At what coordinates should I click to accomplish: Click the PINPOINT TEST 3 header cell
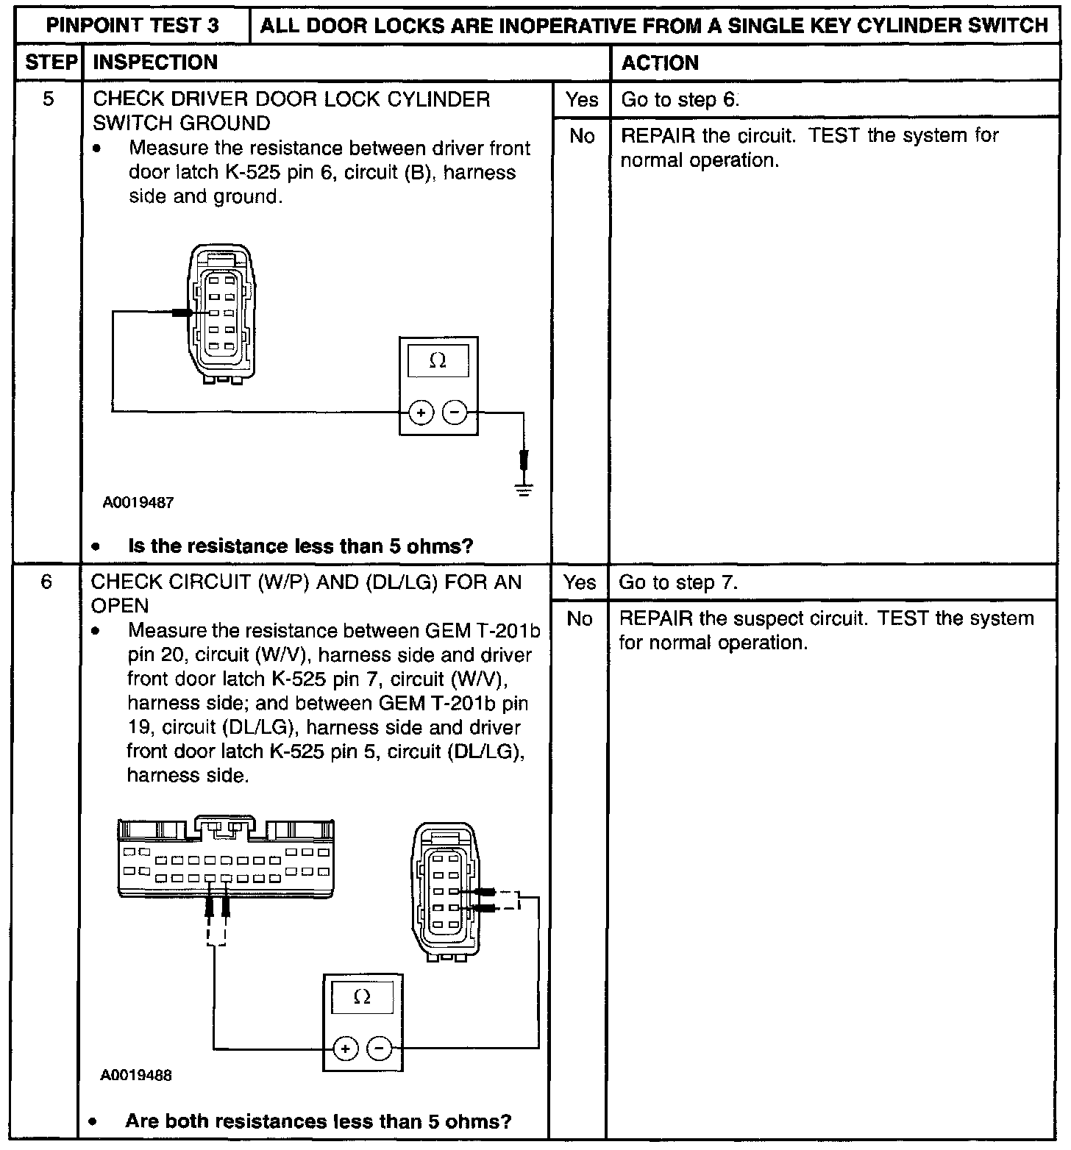[x=133, y=26]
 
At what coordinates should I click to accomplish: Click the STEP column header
[x=51, y=63]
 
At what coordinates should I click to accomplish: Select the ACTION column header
[x=660, y=63]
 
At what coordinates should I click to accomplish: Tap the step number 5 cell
[x=49, y=99]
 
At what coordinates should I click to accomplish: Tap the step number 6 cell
[x=47, y=582]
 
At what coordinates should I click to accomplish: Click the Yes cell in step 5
[x=581, y=99]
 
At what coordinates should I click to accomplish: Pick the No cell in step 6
[x=579, y=619]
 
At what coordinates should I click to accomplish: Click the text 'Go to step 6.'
[x=680, y=100]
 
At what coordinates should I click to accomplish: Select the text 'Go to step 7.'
[x=678, y=583]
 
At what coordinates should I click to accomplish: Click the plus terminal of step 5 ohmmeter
[x=421, y=413]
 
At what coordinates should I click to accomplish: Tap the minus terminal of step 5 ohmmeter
[x=455, y=413]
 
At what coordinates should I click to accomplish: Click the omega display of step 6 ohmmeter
[x=362, y=997]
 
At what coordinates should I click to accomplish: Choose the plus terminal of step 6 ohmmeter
[x=345, y=1049]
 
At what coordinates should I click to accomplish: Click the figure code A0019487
[x=138, y=503]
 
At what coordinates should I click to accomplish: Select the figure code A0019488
[x=136, y=1075]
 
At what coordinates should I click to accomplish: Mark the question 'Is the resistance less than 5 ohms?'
[x=300, y=546]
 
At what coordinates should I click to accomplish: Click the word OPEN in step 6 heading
[x=120, y=606]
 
